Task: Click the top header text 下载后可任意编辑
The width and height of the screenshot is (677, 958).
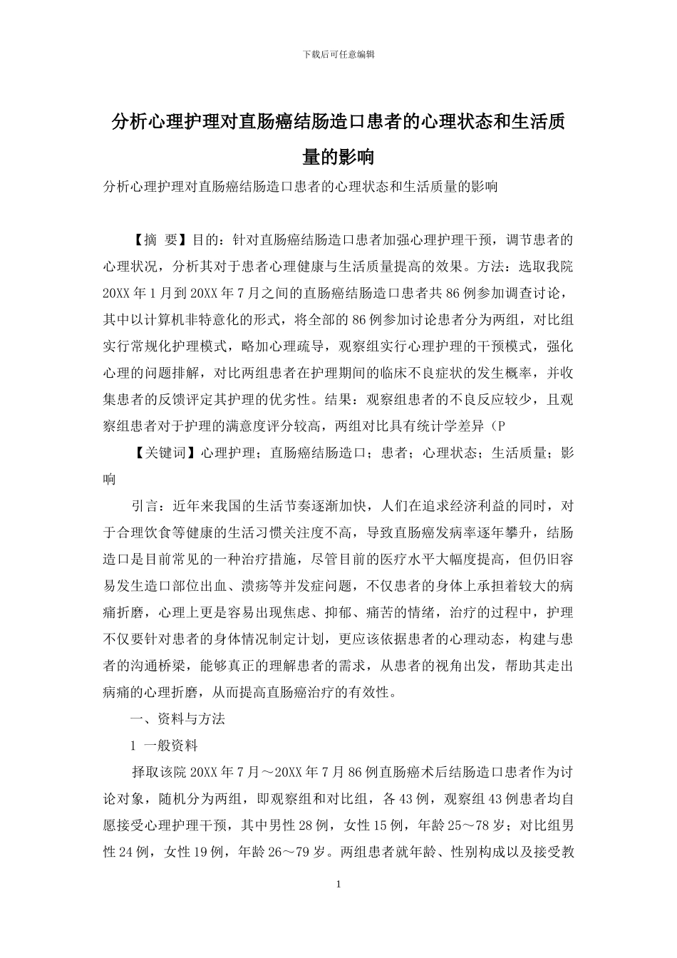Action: pyautogui.click(x=338, y=54)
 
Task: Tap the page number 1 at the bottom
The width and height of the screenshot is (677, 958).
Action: pyautogui.click(x=338, y=885)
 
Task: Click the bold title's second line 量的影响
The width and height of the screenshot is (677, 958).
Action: pyautogui.click(x=338, y=155)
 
